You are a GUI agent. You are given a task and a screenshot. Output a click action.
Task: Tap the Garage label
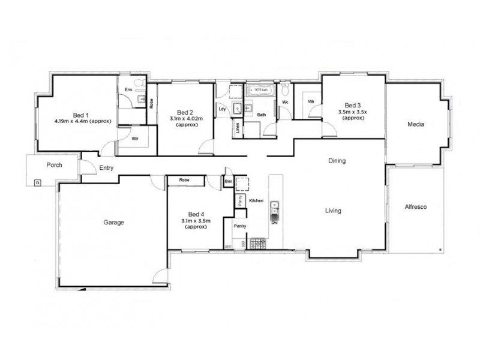[113, 222]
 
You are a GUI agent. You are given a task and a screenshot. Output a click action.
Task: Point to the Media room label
[416, 125]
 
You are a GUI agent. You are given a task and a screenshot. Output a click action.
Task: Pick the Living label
[333, 211]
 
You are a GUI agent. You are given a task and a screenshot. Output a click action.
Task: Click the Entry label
[106, 168]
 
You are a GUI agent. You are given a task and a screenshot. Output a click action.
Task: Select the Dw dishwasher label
[274, 223]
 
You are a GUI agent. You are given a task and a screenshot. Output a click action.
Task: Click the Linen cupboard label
[238, 128]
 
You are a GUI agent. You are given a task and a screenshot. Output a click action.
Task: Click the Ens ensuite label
[128, 90]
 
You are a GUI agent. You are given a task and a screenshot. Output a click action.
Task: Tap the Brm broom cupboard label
[228, 181]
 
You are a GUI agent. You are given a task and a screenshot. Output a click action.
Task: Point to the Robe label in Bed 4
[184, 180]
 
